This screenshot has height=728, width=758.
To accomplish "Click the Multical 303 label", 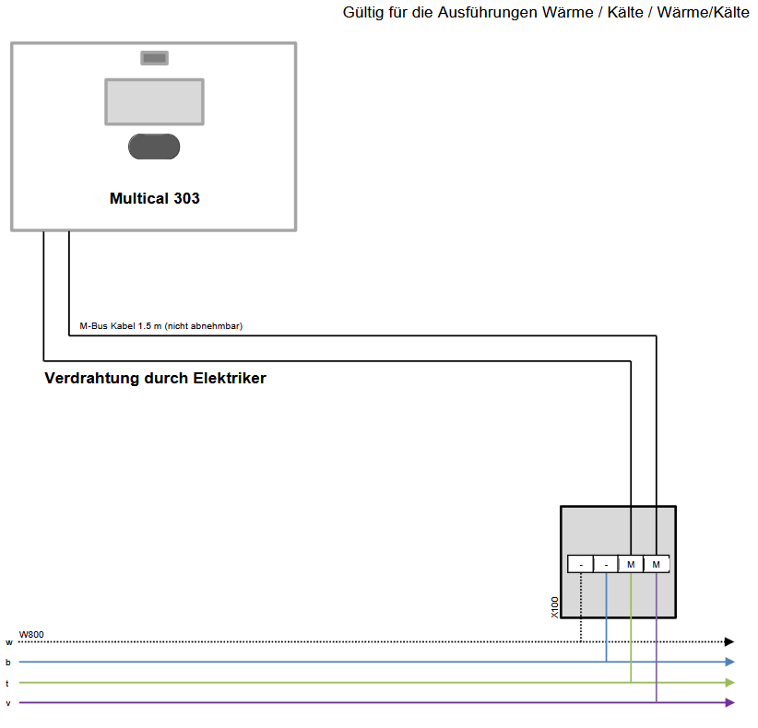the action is [x=155, y=198].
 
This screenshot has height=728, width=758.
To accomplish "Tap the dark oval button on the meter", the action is [x=154, y=147].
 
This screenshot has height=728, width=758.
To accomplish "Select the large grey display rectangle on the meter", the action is [x=155, y=102].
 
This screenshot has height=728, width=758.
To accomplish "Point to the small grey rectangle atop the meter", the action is [x=155, y=58].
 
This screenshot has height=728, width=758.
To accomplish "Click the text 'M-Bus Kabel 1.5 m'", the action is [x=121, y=326].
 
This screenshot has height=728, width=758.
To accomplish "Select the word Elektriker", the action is [x=230, y=378].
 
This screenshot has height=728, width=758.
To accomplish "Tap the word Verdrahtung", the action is [x=92, y=378].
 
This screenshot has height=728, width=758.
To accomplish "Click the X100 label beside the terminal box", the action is [x=554, y=607].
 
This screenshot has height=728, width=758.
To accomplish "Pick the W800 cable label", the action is [x=31, y=634].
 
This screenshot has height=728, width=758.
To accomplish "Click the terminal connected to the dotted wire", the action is [x=581, y=564].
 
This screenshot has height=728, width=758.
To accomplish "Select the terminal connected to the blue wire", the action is [x=606, y=564].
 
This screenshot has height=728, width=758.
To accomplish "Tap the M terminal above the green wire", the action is [x=631, y=564].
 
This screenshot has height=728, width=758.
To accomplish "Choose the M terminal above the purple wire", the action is [x=656, y=564].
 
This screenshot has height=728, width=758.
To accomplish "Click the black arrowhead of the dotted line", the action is [x=729, y=641].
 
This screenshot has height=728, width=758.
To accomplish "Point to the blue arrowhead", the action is [x=730, y=662].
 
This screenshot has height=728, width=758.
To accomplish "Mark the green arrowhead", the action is [x=730, y=683].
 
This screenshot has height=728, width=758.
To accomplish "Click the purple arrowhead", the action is [x=730, y=702].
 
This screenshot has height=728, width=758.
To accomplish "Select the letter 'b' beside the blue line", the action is [x=7, y=663].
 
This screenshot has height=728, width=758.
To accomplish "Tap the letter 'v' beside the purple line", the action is [x=8, y=703].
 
